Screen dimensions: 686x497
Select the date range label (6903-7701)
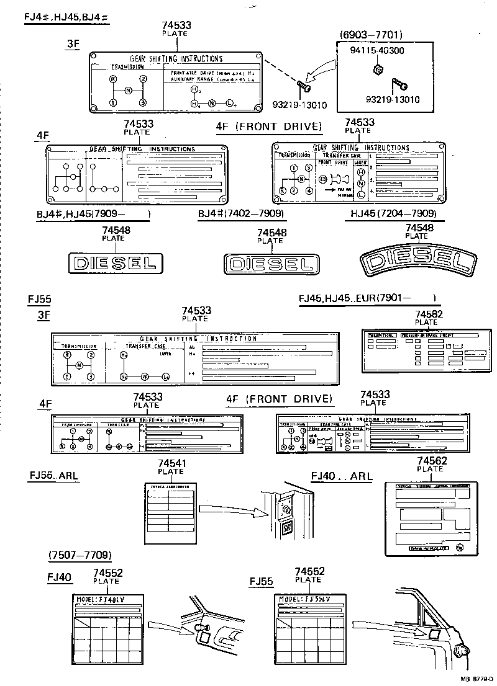click(371, 35)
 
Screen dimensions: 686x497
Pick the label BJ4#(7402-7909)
click(241, 214)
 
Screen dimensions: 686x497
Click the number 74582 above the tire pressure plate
click(426, 314)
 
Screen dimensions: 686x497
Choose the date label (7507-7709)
click(80, 555)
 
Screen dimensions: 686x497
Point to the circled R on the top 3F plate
click(112, 79)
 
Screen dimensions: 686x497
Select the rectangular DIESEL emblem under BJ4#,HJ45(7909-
click(115, 263)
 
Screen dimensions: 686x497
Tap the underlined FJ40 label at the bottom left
click(59, 577)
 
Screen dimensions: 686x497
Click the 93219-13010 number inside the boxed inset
click(393, 99)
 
